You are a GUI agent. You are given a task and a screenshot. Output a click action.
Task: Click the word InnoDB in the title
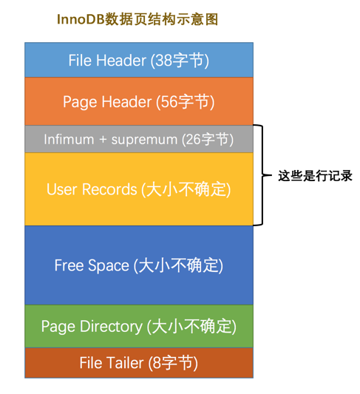[x=81, y=19]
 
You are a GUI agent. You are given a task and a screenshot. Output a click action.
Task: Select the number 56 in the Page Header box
[x=169, y=102]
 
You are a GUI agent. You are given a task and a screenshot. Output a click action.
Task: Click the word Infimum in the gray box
[x=69, y=139]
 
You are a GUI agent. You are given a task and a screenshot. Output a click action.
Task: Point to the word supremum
[x=144, y=140]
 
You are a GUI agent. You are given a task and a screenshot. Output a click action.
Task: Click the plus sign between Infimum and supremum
[x=103, y=140]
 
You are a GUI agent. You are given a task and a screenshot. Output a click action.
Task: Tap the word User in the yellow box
[x=62, y=189]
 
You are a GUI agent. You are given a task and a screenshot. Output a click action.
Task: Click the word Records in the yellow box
[x=109, y=189]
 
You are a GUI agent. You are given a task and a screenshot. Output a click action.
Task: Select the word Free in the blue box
[x=69, y=265]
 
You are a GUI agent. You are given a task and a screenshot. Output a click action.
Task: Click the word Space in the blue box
[x=109, y=266]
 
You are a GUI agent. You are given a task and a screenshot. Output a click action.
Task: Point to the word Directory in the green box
[x=112, y=327]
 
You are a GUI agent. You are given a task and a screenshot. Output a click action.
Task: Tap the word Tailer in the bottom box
[x=126, y=363]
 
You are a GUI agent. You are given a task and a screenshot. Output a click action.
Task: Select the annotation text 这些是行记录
[x=315, y=176]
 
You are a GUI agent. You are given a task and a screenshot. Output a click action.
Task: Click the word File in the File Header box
[x=80, y=61]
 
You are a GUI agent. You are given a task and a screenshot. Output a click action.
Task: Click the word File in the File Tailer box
[x=91, y=363]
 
